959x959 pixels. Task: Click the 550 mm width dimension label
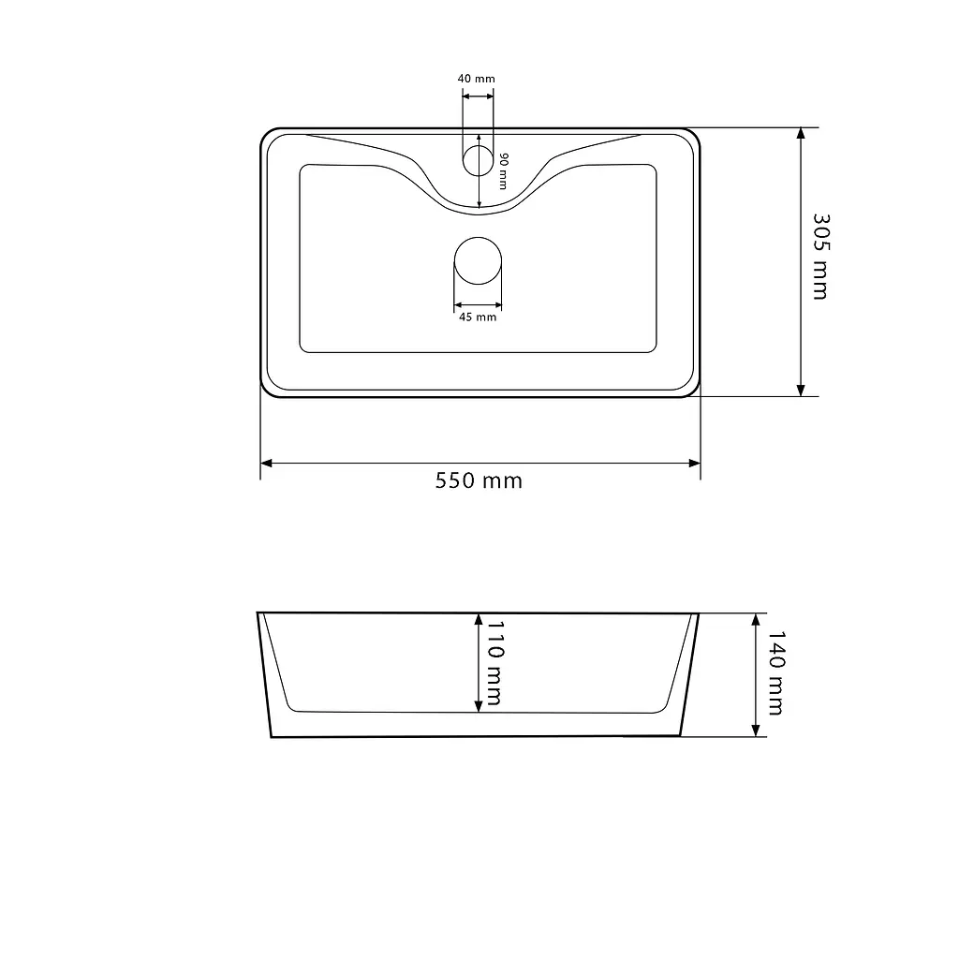point(479,480)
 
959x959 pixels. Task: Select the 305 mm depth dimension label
point(820,257)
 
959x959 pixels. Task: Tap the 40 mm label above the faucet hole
point(477,79)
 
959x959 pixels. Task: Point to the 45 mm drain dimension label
point(478,317)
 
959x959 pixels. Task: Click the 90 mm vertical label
point(503,171)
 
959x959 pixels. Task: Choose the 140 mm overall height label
point(775,673)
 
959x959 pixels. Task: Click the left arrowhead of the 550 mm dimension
point(266,463)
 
